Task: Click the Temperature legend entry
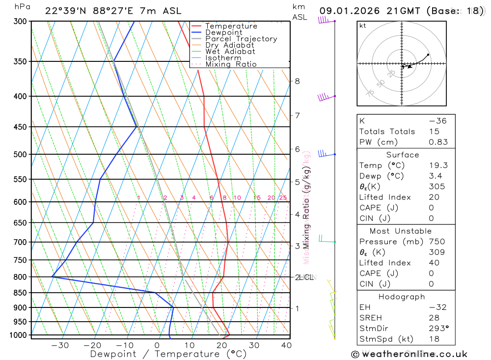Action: pyautogui.click(x=231, y=26)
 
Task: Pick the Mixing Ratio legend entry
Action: pyautogui.click(x=231, y=64)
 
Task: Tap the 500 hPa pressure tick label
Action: pyautogui.click(x=21, y=154)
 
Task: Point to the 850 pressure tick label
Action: pyautogui.click(x=21, y=293)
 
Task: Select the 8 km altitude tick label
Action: pyautogui.click(x=297, y=81)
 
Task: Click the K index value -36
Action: pyautogui.click(x=437, y=121)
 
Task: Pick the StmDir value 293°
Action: pyautogui.click(x=437, y=329)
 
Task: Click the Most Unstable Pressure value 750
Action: pyautogui.click(x=437, y=242)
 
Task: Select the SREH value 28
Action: pyautogui.click(x=434, y=318)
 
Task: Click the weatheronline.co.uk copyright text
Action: pyautogui.click(x=409, y=354)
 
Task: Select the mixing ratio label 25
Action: pyautogui.click(x=283, y=198)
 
